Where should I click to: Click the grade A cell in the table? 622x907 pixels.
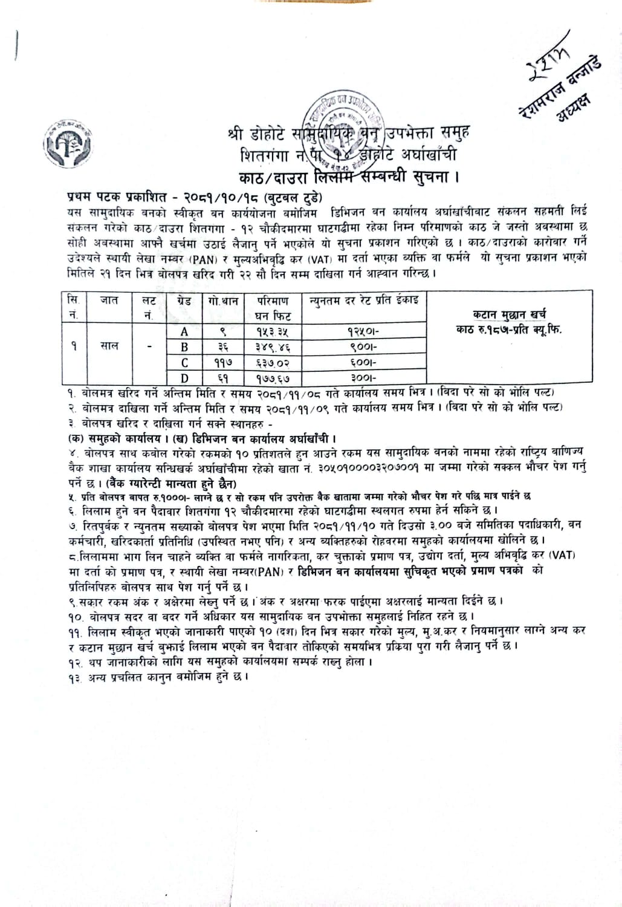[x=184, y=331]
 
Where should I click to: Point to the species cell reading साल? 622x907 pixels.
[x=109, y=346]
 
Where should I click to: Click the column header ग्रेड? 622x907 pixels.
[x=184, y=300]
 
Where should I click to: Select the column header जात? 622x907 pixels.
[x=109, y=300]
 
